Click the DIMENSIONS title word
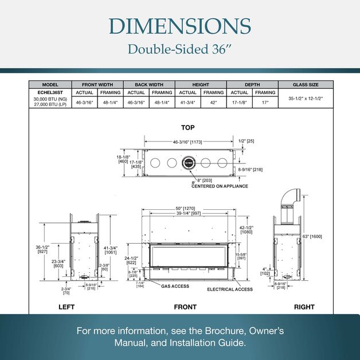[179, 26]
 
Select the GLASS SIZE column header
[306, 84]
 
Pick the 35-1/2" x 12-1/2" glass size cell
[306, 98]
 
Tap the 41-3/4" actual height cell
[187, 103]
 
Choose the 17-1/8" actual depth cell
[239, 103]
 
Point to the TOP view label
[187, 127]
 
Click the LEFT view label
[66, 307]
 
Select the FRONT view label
[185, 307]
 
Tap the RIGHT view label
[304, 307]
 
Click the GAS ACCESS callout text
[175, 286]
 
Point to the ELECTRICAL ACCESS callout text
[229, 289]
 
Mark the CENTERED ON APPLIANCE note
[220, 186]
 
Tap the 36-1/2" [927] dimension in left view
[42, 249]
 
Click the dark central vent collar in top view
[189, 163]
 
